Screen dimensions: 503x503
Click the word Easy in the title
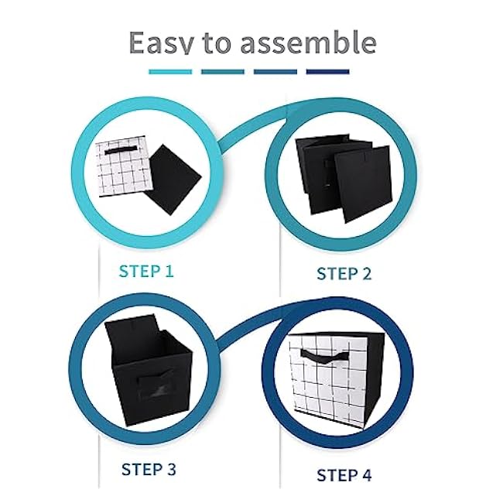pyautogui.click(x=159, y=43)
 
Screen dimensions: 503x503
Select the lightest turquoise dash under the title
pyautogui.click(x=169, y=72)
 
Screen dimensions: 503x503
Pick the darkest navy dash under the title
pyautogui.click(x=328, y=72)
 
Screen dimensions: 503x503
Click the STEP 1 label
pyautogui.click(x=146, y=272)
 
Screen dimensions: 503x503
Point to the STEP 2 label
pyautogui.click(x=344, y=273)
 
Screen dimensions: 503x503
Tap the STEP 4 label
pyautogui.click(x=344, y=474)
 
